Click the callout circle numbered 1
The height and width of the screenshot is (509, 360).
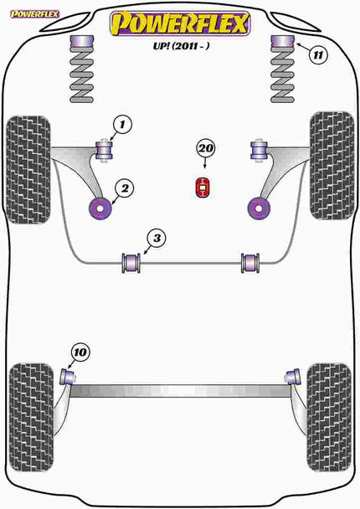121,126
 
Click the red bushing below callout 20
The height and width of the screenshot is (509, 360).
202,189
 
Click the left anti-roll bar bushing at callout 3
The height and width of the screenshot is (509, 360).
131,262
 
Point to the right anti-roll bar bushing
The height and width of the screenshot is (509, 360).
249,262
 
